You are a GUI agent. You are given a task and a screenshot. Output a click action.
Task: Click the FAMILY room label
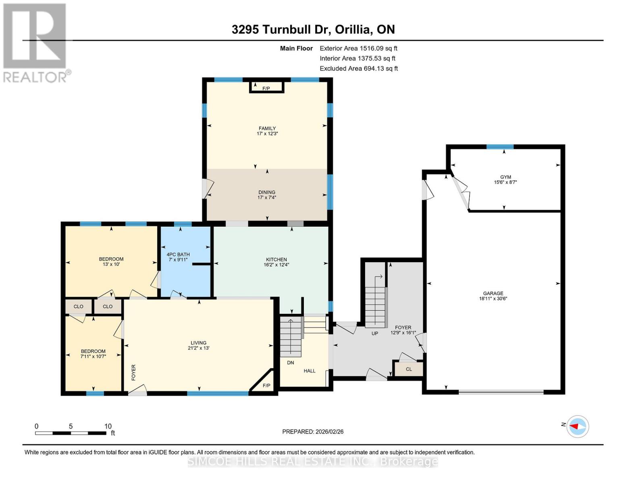click(267, 128)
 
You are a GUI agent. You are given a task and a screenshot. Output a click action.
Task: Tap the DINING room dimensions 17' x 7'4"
click(267, 198)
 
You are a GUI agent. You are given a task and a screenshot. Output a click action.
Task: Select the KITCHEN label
click(276, 259)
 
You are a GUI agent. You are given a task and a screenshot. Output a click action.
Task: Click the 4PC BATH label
click(178, 255)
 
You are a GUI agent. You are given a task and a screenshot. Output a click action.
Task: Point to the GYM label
click(505, 177)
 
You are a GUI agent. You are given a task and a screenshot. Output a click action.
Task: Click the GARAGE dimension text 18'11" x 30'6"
click(493, 299)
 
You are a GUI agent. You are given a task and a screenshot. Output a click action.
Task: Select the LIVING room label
click(198, 342)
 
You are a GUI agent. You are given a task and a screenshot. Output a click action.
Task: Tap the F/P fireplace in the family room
click(266, 88)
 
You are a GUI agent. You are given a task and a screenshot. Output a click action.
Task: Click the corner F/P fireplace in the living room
click(266, 386)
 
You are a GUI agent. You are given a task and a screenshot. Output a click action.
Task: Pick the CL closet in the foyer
click(409, 369)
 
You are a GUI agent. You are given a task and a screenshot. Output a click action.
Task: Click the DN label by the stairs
click(290, 363)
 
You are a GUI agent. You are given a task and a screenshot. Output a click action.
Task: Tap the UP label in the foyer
click(374, 333)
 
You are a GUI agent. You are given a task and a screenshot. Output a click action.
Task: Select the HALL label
click(310, 371)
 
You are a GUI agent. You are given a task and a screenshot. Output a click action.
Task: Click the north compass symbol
click(578, 426)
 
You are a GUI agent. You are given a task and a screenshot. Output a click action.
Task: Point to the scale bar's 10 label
click(108, 426)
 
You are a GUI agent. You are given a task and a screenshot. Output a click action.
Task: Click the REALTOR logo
click(35, 42)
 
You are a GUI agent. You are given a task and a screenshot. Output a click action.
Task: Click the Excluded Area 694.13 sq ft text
click(358, 69)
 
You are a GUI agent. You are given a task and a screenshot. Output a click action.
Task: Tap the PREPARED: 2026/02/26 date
click(313, 432)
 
